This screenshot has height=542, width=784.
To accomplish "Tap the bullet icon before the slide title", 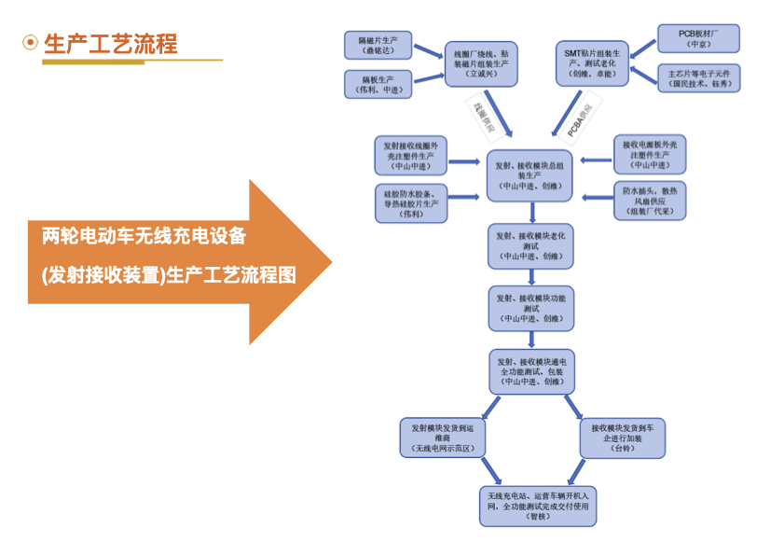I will [31, 43].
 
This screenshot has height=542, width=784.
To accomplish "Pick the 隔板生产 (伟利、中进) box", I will [378, 84].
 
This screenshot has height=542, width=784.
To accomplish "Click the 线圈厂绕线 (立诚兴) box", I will [479, 63].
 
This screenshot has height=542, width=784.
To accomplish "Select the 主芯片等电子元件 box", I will [698, 77].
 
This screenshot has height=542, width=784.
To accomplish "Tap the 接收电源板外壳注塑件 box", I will [649, 154].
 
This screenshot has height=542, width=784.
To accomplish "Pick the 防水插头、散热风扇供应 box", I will [649, 200].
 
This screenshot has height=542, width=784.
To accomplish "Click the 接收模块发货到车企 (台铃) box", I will [622, 438].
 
